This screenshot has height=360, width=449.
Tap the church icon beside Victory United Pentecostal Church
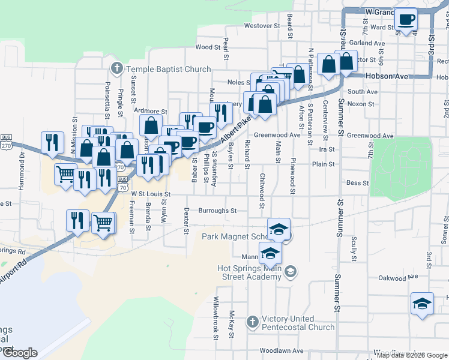[252, 322]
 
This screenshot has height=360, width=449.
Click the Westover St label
[262, 26]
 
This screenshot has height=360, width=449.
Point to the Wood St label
[208, 47]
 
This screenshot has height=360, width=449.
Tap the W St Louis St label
[151, 194]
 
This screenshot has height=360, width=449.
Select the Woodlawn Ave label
[279, 350]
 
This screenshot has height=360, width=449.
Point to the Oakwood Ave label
[397, 278]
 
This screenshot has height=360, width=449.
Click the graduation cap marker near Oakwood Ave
[422, 304]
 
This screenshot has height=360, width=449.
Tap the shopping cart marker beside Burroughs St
[103, 223]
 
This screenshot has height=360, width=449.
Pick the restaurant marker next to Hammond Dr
[52, 143]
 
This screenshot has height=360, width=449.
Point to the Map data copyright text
[412, 355]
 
